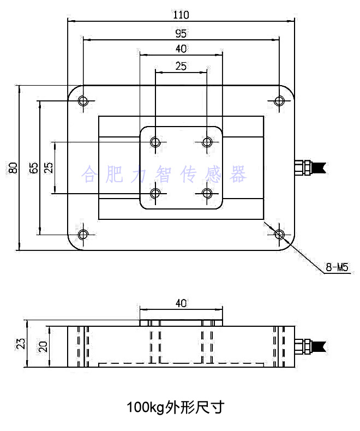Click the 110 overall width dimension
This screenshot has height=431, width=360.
pos(181,14)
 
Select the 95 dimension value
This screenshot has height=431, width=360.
pos(181,33)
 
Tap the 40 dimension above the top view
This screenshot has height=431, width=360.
pos(181,49)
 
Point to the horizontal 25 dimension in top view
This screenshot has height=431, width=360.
pos(181,66)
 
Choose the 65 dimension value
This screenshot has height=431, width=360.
pos(34,168)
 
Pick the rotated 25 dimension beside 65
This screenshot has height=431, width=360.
pos(49,168)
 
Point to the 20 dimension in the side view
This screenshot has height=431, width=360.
pos(43,346)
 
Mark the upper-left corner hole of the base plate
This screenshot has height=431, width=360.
pos(83,100)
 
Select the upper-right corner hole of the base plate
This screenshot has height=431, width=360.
pos(279,100)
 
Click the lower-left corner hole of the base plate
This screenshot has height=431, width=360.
pos(83,235)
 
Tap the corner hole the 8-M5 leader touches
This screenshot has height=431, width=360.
pos(279,235)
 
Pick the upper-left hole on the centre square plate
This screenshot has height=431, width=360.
pos(155,142)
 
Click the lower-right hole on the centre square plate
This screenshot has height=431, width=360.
pos(207,193)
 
